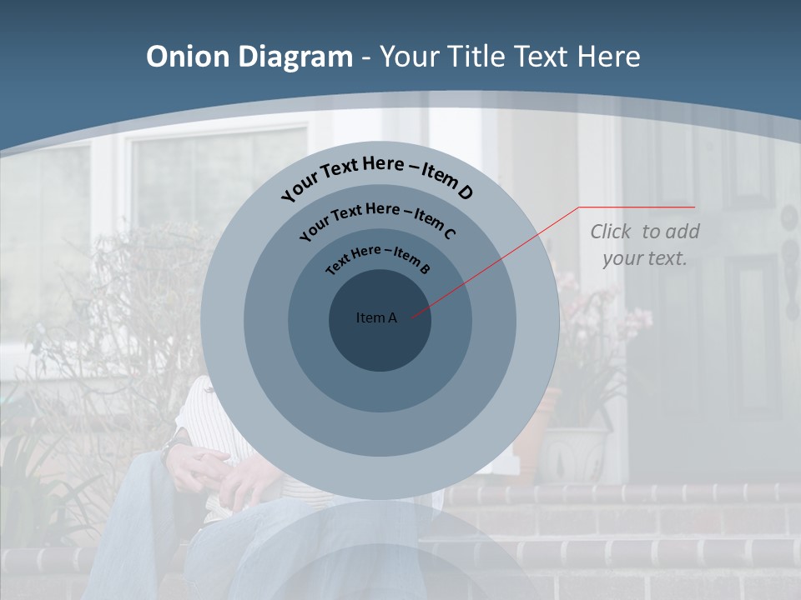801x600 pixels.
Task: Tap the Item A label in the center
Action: coord(376,317)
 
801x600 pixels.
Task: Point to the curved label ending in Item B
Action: coord(378,258)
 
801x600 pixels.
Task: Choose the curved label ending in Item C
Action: coord(377,219)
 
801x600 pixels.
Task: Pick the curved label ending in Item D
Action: coord(377,177)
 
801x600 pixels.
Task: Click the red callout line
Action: coord(501,259)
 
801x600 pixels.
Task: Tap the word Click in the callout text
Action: coord(612,232)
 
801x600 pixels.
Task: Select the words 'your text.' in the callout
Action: coord(644,258)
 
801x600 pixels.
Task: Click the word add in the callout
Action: coord(682,232)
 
